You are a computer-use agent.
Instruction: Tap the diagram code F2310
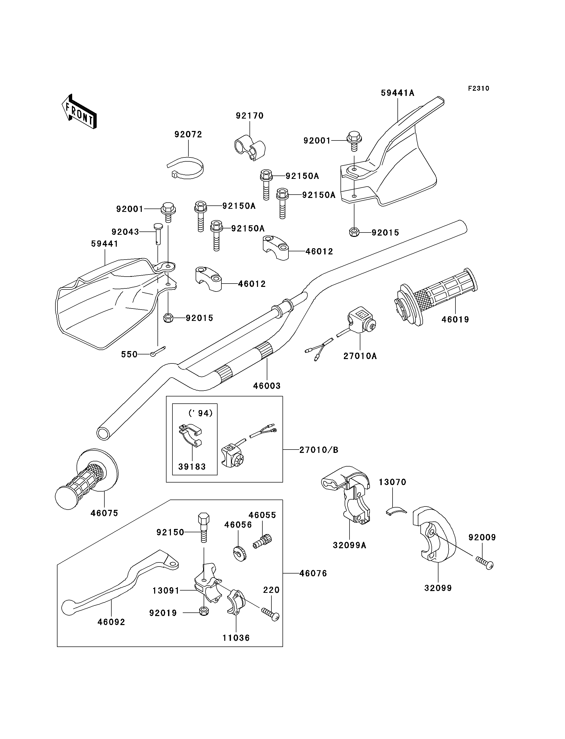pyautogui.click(x=478, y=88)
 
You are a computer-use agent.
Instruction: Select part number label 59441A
pyautogui.click(x=397, y=93)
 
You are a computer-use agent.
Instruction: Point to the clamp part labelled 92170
pyautogui.click(x=250, y=148)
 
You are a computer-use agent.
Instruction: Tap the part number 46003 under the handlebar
pyautogui.click(x=267, y=386)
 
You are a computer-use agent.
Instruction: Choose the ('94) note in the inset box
pyautogui.click(x=201, y=413)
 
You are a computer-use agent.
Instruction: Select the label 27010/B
pyautogui.click(x=319, y=450)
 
